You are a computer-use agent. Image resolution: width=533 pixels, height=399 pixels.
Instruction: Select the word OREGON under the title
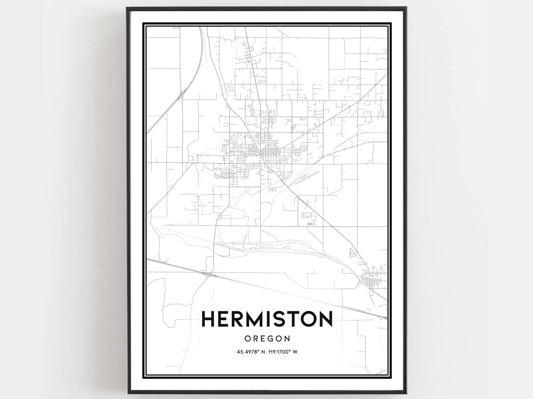coord(267,338)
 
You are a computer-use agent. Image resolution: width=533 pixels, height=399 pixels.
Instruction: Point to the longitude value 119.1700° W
coord(281,352)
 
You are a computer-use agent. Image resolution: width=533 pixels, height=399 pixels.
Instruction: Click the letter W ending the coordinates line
coord(296,352)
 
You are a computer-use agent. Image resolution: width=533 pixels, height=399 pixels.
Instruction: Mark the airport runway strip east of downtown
coord(306,178)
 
